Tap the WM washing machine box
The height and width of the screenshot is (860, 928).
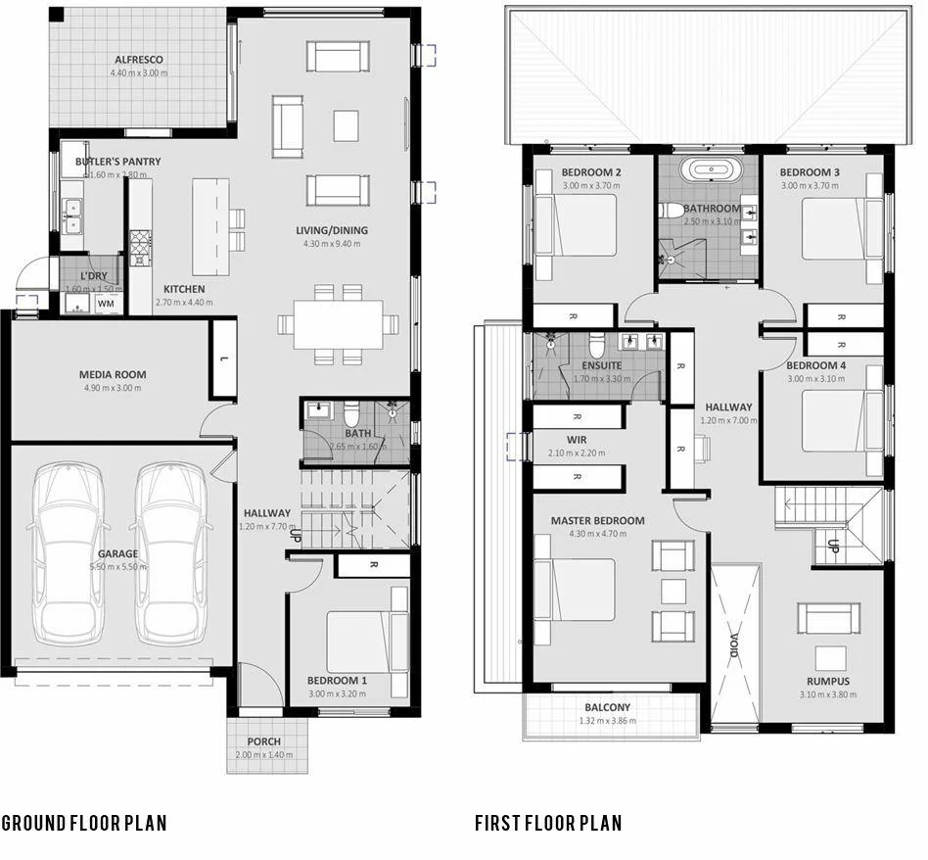coord(105,304)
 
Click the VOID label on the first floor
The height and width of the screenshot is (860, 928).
coord(736,647)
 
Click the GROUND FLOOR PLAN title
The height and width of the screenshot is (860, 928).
coord(84,822)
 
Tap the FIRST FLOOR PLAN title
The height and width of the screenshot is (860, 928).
coord(548,822)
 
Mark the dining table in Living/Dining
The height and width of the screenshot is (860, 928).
coord(337,323)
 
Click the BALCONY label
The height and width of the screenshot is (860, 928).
coord(608,707)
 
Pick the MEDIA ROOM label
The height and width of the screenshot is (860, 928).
coord(113,374)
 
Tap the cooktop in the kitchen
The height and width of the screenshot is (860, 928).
coord(141,246)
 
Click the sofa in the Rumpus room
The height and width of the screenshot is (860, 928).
coord(828,618)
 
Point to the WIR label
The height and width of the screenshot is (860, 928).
coord(577,440)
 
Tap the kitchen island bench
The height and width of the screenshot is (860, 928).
coord(210,226)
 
